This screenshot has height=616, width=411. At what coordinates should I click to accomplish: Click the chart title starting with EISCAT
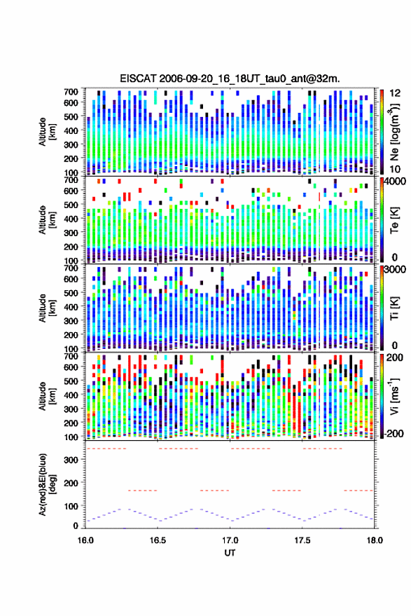click(230, 78)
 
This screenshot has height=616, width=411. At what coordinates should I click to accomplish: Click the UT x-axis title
click(230, 553)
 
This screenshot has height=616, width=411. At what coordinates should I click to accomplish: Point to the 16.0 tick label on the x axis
click(85, 540)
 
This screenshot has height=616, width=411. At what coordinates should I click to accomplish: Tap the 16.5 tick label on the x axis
click(158, 540)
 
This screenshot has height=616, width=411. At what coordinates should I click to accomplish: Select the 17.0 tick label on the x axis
click(230, 540)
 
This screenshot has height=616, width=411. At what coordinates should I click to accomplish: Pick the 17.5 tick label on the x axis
click(302, 540)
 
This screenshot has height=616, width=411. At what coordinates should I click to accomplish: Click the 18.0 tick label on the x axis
click(374, 540)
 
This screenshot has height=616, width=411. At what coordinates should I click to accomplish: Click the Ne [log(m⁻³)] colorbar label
click(394, 132)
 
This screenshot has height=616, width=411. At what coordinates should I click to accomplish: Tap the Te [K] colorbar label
click(394, 220)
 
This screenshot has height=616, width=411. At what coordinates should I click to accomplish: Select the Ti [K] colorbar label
click(394, 308)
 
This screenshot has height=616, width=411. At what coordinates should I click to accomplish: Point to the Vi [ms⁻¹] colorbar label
click(394, 396)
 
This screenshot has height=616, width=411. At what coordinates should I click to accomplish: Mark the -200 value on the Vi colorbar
click(394, 434)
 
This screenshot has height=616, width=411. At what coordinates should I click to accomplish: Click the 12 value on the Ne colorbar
click(396, 93)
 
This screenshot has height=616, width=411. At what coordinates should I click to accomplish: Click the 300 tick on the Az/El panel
click(71, 460)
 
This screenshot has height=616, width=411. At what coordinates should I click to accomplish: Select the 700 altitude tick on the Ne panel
click(71, 92)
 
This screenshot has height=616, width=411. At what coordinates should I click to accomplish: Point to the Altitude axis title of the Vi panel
click(47, 396)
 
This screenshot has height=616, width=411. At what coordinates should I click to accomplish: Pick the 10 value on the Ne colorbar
click(396, 169)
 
